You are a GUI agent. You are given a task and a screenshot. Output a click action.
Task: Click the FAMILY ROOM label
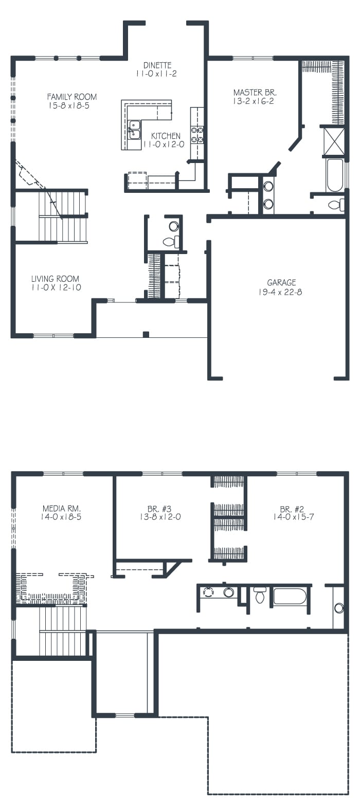click(x=72, y=97)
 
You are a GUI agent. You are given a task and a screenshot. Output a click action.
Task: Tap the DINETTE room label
click(x=157, y=65)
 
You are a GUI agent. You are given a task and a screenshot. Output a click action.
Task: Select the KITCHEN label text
click(x=166, y=136)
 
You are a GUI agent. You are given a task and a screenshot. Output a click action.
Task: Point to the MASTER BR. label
click(x=255, y=93)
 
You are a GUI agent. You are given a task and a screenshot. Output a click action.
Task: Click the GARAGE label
click(x=281, y=282)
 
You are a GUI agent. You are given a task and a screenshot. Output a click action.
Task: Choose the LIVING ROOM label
click(x=55, y=279)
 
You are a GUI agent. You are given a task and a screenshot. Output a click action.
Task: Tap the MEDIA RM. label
click(x=61, y=509)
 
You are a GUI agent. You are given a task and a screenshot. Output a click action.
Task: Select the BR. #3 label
click(x=159, y=509)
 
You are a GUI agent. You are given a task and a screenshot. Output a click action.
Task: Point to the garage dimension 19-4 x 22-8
click(x=280, y=292)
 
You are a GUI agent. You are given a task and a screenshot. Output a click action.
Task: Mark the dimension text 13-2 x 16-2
click(x=254, y=102)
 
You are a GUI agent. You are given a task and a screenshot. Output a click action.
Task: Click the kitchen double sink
click(x=135, y=130)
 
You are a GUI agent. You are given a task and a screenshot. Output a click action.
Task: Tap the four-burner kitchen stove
click(x=197, y=134)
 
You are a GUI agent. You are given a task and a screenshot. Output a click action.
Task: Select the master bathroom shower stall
click(x=333, y=141)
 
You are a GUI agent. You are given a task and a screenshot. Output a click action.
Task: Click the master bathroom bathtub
click(x=334, y=175)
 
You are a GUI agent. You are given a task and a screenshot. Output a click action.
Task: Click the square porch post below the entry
click(x=146, y=334)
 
